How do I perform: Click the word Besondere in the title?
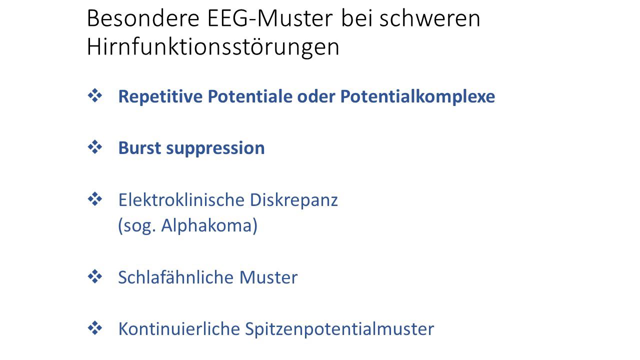click(x=143, y=19)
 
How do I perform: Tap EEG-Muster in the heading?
click(x=270, y=19)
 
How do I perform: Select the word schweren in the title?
click(x=430, y=19)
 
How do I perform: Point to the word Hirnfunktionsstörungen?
click(x=213, y=47)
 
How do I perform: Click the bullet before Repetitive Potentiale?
click(x=95, y=95)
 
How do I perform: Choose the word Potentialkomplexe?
click(x=417, y=96)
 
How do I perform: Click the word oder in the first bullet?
click(x=316, y=96)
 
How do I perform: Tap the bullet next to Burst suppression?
click(x=95, y=147)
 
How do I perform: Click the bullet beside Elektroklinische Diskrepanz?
click(x=95, y=199)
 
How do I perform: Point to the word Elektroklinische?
click(x=181, y=199)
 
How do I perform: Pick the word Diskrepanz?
click(x=294, y=200)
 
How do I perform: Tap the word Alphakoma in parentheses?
click(x=206, y=225)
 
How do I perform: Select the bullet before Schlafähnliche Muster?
click(x=95, y=276)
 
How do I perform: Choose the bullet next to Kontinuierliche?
click(x=95, y=328)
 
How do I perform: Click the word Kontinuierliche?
click(x=179, y=329)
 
